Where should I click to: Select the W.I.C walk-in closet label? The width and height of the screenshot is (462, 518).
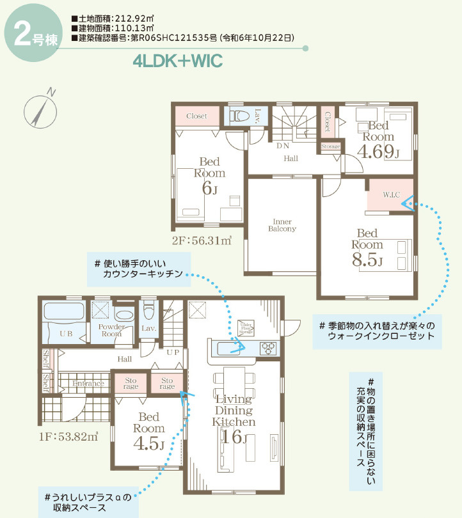[392, 194]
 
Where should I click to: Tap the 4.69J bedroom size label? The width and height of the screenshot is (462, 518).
[378, 152]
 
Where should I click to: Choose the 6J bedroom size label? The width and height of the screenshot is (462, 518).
[210, 188]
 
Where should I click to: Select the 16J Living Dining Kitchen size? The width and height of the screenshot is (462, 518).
[234, 437]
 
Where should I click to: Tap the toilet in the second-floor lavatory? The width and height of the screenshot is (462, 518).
[239, 116]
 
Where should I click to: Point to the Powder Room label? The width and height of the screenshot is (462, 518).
[111, 330]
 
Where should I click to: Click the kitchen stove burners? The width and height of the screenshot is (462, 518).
[268, 348]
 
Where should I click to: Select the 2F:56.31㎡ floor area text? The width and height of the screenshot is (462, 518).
[201, 240]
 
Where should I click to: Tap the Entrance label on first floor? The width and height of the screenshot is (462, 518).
[88, 384]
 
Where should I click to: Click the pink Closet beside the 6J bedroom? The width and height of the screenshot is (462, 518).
[196, 116]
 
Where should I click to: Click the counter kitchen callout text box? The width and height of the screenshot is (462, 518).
[140, 269]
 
